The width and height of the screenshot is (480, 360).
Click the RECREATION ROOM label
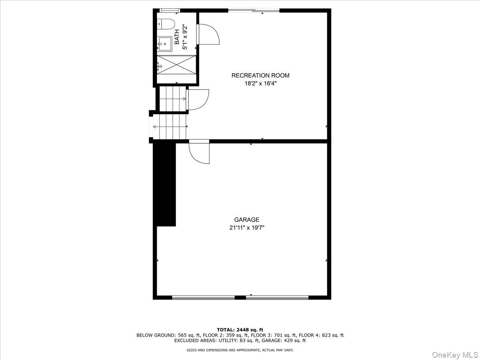tap(260, 75)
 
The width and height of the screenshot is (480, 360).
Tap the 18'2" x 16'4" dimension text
tap(260, 84)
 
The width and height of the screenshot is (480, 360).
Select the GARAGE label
tap(247, 220)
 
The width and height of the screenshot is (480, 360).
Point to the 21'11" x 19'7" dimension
tap(247, 228)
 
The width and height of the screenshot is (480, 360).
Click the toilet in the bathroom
tap(166, 24)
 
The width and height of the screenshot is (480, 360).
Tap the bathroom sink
tap(164, 42)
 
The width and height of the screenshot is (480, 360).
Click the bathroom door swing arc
tap(209, 34)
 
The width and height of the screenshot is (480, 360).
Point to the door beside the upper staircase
tap(198, 100)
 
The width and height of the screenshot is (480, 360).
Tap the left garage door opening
tap(203, 297)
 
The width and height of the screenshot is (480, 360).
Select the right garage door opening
tap(277, 297)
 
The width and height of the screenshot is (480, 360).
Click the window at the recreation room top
tap(254, 10)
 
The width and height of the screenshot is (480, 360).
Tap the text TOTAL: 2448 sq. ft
tap(240, 330)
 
